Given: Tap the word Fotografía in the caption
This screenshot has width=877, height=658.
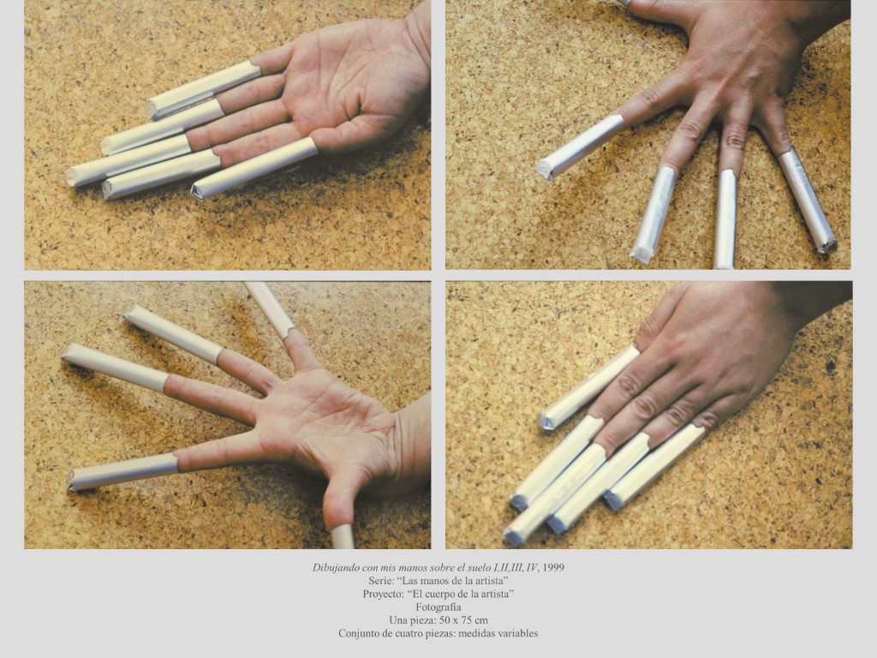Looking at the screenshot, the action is [x=438, y=607].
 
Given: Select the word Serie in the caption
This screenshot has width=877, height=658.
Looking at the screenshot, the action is [x=380, y=581].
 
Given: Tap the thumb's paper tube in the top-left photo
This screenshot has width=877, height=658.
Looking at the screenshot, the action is [x=254, y=168].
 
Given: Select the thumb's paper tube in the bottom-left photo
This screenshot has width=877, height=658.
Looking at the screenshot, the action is [x=343, y=536].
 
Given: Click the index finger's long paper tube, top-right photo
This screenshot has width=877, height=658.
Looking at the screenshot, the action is [x=581, y=147].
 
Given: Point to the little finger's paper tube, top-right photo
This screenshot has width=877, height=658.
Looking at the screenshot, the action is [x=808, y=201].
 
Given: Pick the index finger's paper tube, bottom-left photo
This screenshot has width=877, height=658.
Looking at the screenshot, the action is [x=123, y=473].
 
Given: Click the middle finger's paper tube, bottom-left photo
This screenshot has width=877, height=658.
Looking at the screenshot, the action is [x=115, y=368].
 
